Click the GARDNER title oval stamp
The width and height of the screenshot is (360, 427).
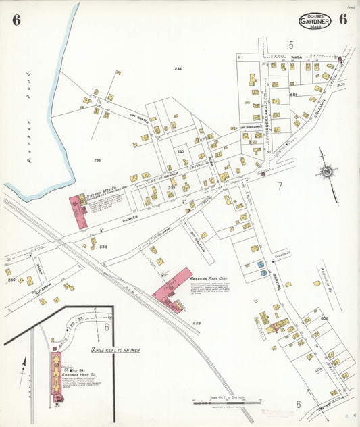tap(314, 20)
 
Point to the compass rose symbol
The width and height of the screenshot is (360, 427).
tap(328, 172)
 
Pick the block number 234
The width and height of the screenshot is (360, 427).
tap(178, 70)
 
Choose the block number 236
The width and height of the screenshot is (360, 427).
tap(97, 160)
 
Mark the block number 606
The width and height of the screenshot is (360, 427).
tap(324, 318)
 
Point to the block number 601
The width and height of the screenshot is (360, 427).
tap(293, 95)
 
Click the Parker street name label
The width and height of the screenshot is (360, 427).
tap(130, 218)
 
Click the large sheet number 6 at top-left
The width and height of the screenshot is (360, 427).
tap(16, 20)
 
